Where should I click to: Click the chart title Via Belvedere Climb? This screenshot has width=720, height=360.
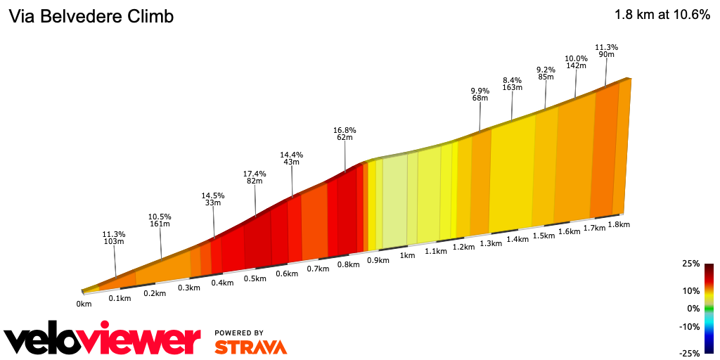(x=91, y=16)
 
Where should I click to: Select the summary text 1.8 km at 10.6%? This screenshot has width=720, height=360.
(x=662, y=15)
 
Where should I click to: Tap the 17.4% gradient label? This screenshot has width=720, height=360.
(x=254, y=173)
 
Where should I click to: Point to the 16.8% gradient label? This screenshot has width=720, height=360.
(x=345, y=130)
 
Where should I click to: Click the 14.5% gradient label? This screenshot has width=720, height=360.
(x=212, y=195)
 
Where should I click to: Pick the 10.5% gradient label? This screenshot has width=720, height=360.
(x=160, y=216)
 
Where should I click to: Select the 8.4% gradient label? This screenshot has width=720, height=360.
(x=512, y=79)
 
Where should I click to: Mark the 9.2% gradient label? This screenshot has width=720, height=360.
(x=546, y=70)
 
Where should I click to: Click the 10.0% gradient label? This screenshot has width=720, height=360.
(x=576, y=58)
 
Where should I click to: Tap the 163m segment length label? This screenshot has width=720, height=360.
(x=512, y=88)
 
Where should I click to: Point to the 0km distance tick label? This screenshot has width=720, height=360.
(x=84, y=304)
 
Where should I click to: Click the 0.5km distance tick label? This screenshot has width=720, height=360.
(x=255, y=278)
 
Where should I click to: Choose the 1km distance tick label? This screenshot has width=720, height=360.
(x=407, y=255)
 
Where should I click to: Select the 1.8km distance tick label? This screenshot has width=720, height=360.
(x=618, y=224)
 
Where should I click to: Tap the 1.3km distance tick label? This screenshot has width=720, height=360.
(x=491, y=243)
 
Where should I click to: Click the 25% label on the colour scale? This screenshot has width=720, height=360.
(x=690, y=264)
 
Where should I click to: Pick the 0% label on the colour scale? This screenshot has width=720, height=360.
(x=693, y=309)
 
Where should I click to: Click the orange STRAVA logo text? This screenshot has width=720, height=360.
(x=250, y=347)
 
